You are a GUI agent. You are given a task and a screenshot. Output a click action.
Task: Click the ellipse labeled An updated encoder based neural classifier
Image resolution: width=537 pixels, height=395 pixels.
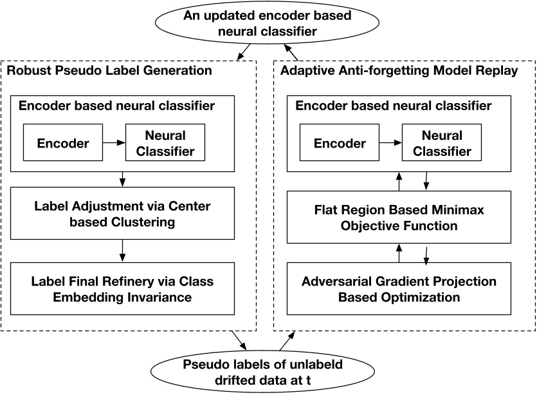[269, 23]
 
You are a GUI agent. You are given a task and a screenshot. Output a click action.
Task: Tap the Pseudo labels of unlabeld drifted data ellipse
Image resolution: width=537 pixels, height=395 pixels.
[269, 373]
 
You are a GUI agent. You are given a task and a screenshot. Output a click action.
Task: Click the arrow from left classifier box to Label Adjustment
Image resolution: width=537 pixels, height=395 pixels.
[121, 180]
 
